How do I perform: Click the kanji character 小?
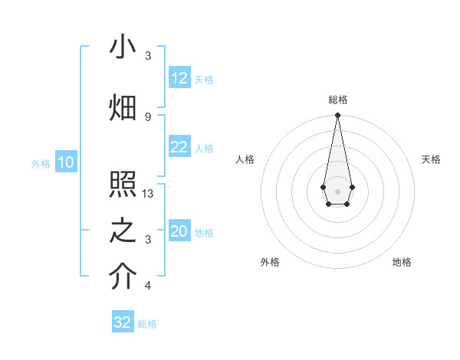(x=123, y=47)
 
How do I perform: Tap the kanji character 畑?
(x=123, y=108)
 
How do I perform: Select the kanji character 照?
(x=123, y=186)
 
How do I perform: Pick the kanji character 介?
(x=123, y=278)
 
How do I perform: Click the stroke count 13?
(x=149, y=194)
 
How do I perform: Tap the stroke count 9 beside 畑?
(x=148, y=116)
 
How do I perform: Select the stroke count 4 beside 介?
(x=148, y=286)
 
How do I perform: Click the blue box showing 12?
(x=179, y=78)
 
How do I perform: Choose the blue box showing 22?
(x=179, y=147)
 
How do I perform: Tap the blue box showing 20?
(x=179, y=231)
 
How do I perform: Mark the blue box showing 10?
(x=65, y=162)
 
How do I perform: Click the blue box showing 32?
(x=123, y=322)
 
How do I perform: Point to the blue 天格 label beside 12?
(x=204, y=79)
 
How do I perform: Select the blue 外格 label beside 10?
(x=40, y=163)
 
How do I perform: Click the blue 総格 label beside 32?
(x=147, y=323)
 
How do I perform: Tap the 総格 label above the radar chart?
(x=337, y=100)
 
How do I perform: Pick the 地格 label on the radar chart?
(x=402, y=262)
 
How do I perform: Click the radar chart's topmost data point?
(x=337, y=116)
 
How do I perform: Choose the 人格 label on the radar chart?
(x=245, y=159)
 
